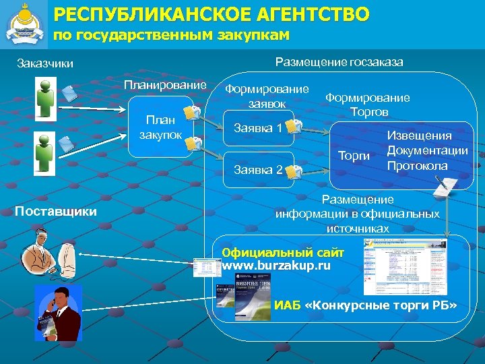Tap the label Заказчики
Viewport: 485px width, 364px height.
(x=45, y=65)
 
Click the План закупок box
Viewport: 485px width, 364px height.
(x=160, y=127)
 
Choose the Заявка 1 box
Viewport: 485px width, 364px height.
(x=258, y=128)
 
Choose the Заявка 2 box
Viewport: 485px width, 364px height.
(x=258, y=169)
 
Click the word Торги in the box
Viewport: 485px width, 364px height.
(x=354, y=156)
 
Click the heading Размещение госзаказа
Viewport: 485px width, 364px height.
(x=339, y=63)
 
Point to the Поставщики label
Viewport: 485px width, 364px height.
(x=56, y=212)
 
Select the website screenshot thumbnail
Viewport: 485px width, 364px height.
(x=395, y=267)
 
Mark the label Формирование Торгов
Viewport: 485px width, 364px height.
(x=367, y=104)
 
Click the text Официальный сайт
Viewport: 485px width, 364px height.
(x=283, y=253)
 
